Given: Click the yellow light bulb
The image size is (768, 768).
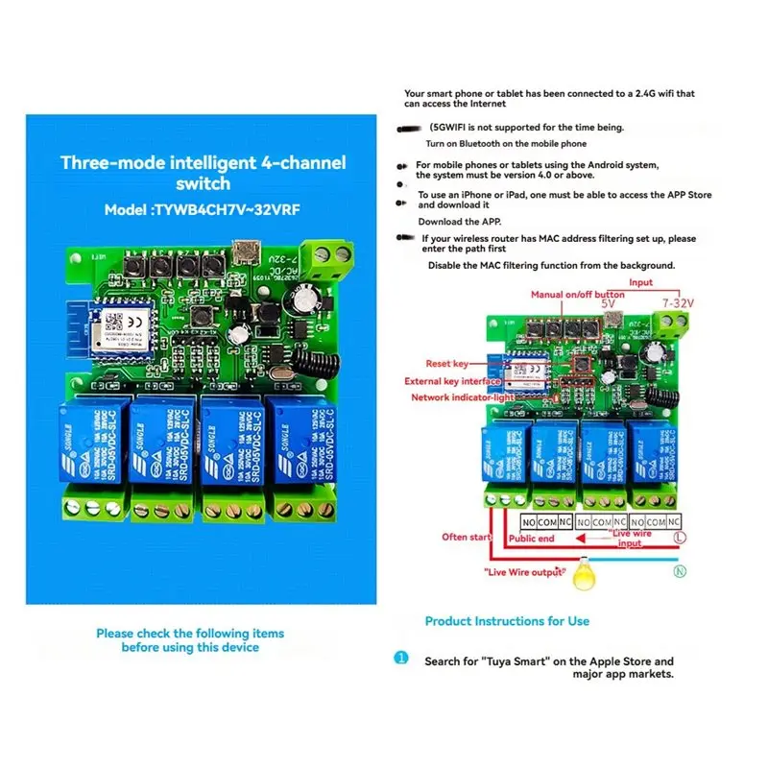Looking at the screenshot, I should coord(584,577).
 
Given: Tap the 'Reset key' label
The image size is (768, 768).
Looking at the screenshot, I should coord(447,363).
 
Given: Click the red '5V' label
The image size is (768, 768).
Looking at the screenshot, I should coord(607,302).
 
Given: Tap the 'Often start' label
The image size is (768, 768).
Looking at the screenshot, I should coord(467,537).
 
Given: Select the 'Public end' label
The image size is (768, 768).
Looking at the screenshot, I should coord(532,540).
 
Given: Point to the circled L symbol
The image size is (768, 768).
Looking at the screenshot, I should coord(680,540).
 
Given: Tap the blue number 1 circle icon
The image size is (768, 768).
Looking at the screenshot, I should coord(400,659).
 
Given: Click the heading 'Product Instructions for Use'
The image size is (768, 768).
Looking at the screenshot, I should coord(507,621).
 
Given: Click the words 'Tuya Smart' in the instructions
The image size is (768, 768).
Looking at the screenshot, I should coord(523,660).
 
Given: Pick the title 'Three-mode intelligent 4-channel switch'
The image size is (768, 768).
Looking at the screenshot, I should coord(203,172).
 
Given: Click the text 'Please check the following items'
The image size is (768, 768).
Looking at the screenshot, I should coord(190,634).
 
